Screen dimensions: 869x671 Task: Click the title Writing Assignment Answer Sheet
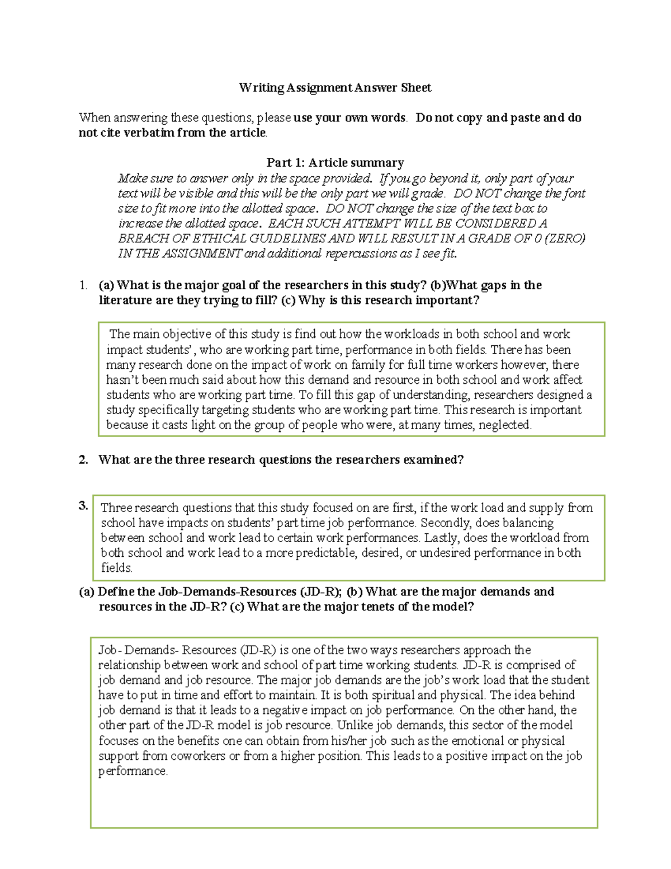coord(335,87)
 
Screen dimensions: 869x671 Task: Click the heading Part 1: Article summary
coord(335,163)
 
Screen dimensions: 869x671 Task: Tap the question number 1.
coord(83,285)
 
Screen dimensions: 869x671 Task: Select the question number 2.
coord(83,460)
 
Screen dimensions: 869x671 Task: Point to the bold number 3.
coord(83,505)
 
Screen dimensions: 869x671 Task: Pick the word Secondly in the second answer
coord(443,523)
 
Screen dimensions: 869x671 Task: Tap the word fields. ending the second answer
coord(116,568)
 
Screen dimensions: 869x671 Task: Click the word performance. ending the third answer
coord(133,771)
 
